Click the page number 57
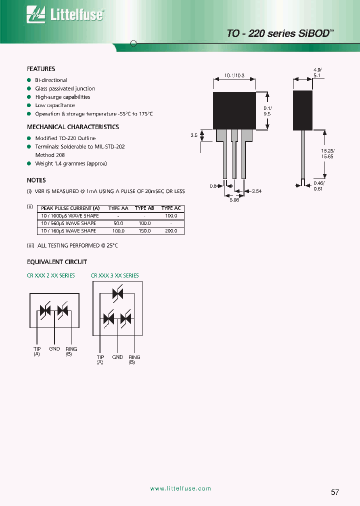pos(335,492)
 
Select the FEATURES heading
pos(41,69)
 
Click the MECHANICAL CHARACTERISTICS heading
pos(72,127)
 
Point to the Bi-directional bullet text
pos(51,80)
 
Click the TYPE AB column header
pos(144,208)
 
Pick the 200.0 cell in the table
pos(170,231)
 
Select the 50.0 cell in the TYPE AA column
pos(118,223)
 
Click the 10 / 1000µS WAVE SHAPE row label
pos(69,216)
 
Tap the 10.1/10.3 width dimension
pos(234,75)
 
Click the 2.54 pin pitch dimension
pos(257,191)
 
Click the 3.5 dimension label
pos(194,135)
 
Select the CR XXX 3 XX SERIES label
pos(114,275)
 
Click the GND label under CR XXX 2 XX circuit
pos(54,348)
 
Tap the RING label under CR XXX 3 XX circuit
pos(134,357)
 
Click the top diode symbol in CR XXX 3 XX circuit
pos(118,294)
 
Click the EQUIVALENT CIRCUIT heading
pos(56,262)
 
